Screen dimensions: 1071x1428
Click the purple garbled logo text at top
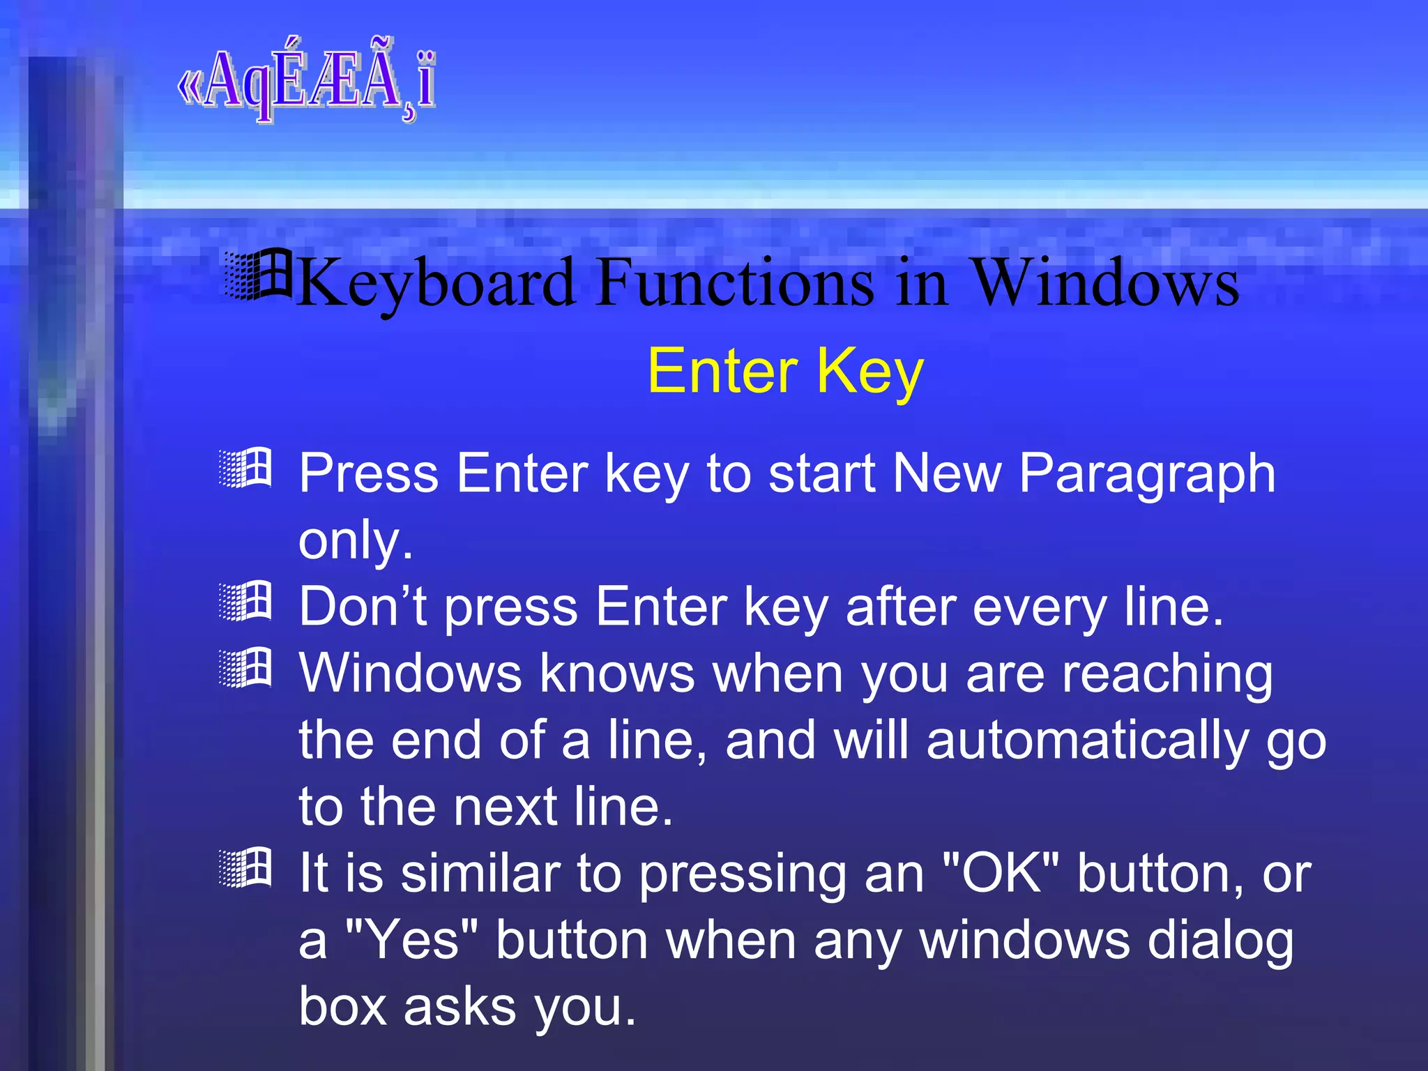coord(307,82)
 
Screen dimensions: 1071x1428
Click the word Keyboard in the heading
coord(436,283)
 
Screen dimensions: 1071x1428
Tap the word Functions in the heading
coord(736,282)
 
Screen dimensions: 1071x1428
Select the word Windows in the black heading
coord(1104,282)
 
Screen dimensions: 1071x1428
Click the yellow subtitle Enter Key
coord(785,372)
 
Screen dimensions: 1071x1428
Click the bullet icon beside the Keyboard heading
coord(258,275)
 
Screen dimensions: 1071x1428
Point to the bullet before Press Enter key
coord(245,469)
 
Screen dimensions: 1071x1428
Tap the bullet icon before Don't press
coord(245,601)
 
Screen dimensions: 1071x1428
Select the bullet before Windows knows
coord(245,668)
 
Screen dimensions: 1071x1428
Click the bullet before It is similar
coord(245,868)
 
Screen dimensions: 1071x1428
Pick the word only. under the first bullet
coord(356,540)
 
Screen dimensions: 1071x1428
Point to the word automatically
coord(1088,740)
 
